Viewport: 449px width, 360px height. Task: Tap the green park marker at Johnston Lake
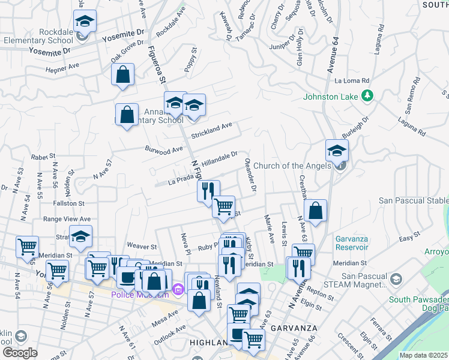367,96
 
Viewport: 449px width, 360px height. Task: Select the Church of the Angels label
292,166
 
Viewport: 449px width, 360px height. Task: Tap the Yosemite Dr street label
123,37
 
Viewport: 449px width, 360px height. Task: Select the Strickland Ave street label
211,130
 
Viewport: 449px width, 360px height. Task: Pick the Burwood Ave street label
163,148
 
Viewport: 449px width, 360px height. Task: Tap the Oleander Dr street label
250,175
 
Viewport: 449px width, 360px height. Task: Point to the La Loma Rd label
352,80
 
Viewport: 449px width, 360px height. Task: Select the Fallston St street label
68,204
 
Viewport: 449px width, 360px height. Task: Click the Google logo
20,353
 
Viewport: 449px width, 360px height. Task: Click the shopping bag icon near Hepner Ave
122,75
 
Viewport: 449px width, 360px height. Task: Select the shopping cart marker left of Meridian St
27,247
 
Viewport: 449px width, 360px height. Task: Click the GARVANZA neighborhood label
290,328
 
